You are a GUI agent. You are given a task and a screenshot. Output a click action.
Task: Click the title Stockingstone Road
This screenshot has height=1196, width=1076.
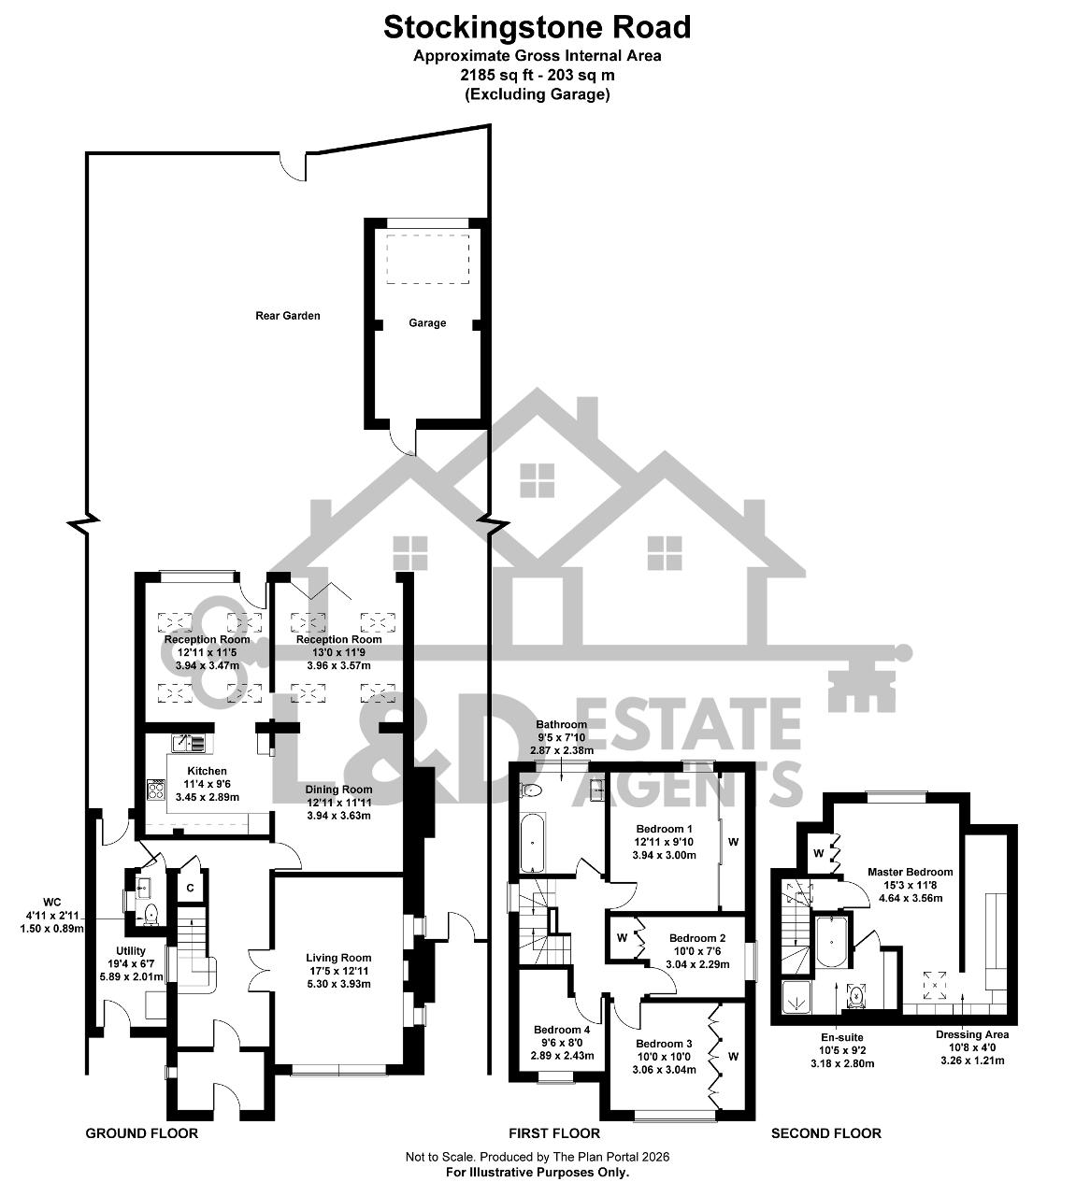[x=538, y=27]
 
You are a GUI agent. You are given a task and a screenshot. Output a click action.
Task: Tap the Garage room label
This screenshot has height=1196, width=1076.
[x=427, y=323]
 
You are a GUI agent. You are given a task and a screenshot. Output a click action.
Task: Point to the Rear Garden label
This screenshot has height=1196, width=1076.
[x=288, y=316]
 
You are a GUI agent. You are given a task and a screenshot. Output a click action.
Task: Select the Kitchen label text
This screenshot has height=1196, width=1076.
[x=208, y=771]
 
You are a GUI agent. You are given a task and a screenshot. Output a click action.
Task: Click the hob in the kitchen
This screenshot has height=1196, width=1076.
[x=156, y=790]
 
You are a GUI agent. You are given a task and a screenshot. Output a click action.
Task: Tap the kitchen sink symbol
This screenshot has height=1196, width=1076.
[x=189, y=744]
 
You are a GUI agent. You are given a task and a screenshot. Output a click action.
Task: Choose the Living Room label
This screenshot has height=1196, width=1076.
[x=338, y=958]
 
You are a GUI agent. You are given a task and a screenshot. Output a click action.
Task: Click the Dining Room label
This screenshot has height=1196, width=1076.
[x=338, y=790]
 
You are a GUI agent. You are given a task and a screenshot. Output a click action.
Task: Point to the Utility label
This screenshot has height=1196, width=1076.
[x=131, y=951]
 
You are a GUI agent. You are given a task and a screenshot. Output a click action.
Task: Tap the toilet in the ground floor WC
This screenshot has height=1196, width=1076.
[x=151, y=912]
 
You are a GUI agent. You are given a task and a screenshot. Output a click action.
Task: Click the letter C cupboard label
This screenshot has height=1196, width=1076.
[x=191, y=888]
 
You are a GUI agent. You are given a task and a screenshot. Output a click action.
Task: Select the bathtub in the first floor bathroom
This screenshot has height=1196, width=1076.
[x=532, y=843]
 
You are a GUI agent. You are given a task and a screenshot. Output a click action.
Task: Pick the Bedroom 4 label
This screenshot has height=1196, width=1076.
[x=562, y=1030]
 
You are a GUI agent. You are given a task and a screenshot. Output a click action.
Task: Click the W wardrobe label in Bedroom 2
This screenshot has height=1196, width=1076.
[x=622, y=938]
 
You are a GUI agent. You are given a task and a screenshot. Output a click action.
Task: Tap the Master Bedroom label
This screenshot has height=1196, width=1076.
[x=911, y=872]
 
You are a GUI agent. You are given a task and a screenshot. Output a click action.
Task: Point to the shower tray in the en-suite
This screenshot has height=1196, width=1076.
[x=796, y=996]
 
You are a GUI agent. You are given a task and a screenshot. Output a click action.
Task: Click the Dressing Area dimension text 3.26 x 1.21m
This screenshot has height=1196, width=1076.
[x=972, y=1061]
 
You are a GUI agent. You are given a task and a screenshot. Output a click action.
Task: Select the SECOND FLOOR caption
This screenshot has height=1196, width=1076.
[x=826, y=1133]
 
